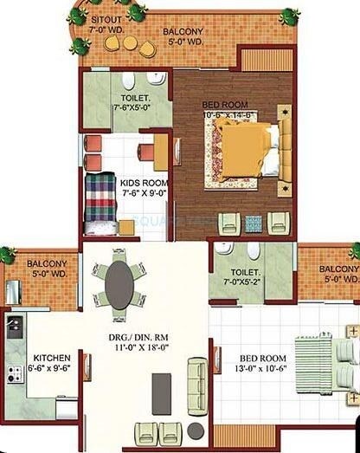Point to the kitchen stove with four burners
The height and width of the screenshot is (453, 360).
click(15, 374)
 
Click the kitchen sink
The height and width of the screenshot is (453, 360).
click(14, 327)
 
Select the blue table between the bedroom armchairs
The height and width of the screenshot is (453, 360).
click(252, 220)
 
